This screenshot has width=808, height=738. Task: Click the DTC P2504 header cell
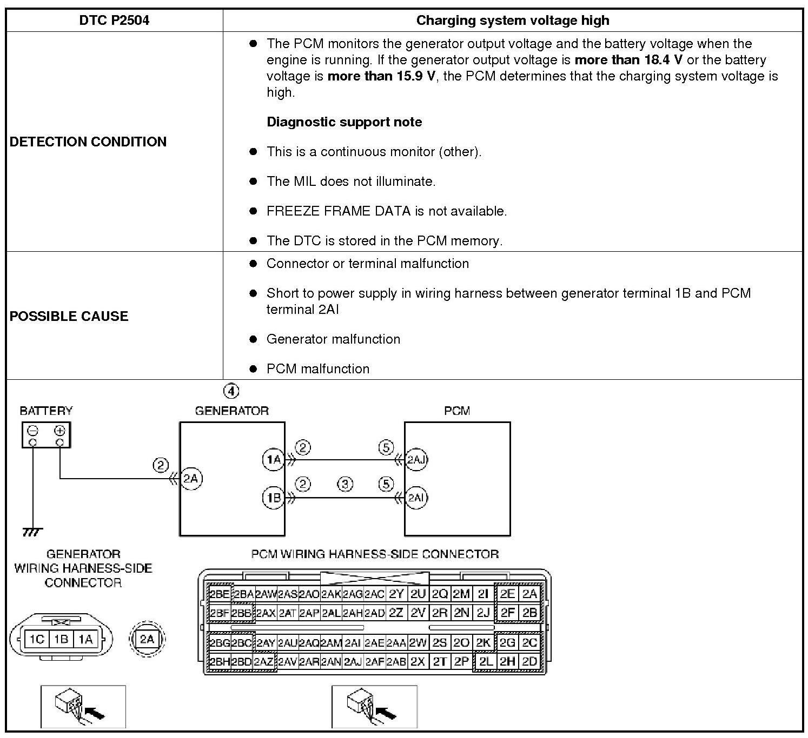pyautogui.click(x=114, y=21)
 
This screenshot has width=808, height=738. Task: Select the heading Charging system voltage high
pyautogui.click(x=512, y=21)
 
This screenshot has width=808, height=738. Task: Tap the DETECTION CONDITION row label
pyautogui.click(x=88, y=142)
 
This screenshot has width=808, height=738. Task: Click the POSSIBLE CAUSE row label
pyautogui.click(x=69, y=316)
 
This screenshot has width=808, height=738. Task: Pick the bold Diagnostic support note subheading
pyautogui.click(x=344, y=122)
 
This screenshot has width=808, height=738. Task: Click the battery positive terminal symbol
pyautogui.click(x=59, y=431)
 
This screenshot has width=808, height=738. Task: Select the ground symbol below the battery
pyautogui.click(x=32, y=532)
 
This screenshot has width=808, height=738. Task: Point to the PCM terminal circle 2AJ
pyautogui.click(x=416, y=460)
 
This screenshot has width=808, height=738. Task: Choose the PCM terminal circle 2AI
pyautogui.click(x=416, y=497)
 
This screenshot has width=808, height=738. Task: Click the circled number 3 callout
pyautogui.click(x=345, y=484)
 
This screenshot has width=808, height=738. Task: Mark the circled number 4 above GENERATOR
pyautogui.click(x=231, y=391)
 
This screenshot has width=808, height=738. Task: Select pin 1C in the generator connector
pyautogui.click(x=36, y=640)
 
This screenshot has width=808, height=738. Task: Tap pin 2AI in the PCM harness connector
pyautogui.click(x=352, y=643)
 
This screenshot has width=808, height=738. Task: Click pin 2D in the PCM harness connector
pyautogui.click(x=529, y=661)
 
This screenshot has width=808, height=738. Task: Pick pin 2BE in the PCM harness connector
pyautogui.click(x=219, y=594)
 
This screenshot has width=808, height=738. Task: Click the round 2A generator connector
pyautogui.click(x=147, y=640)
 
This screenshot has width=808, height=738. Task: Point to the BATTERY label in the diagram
pyautogui.click(x=46, y=411)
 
